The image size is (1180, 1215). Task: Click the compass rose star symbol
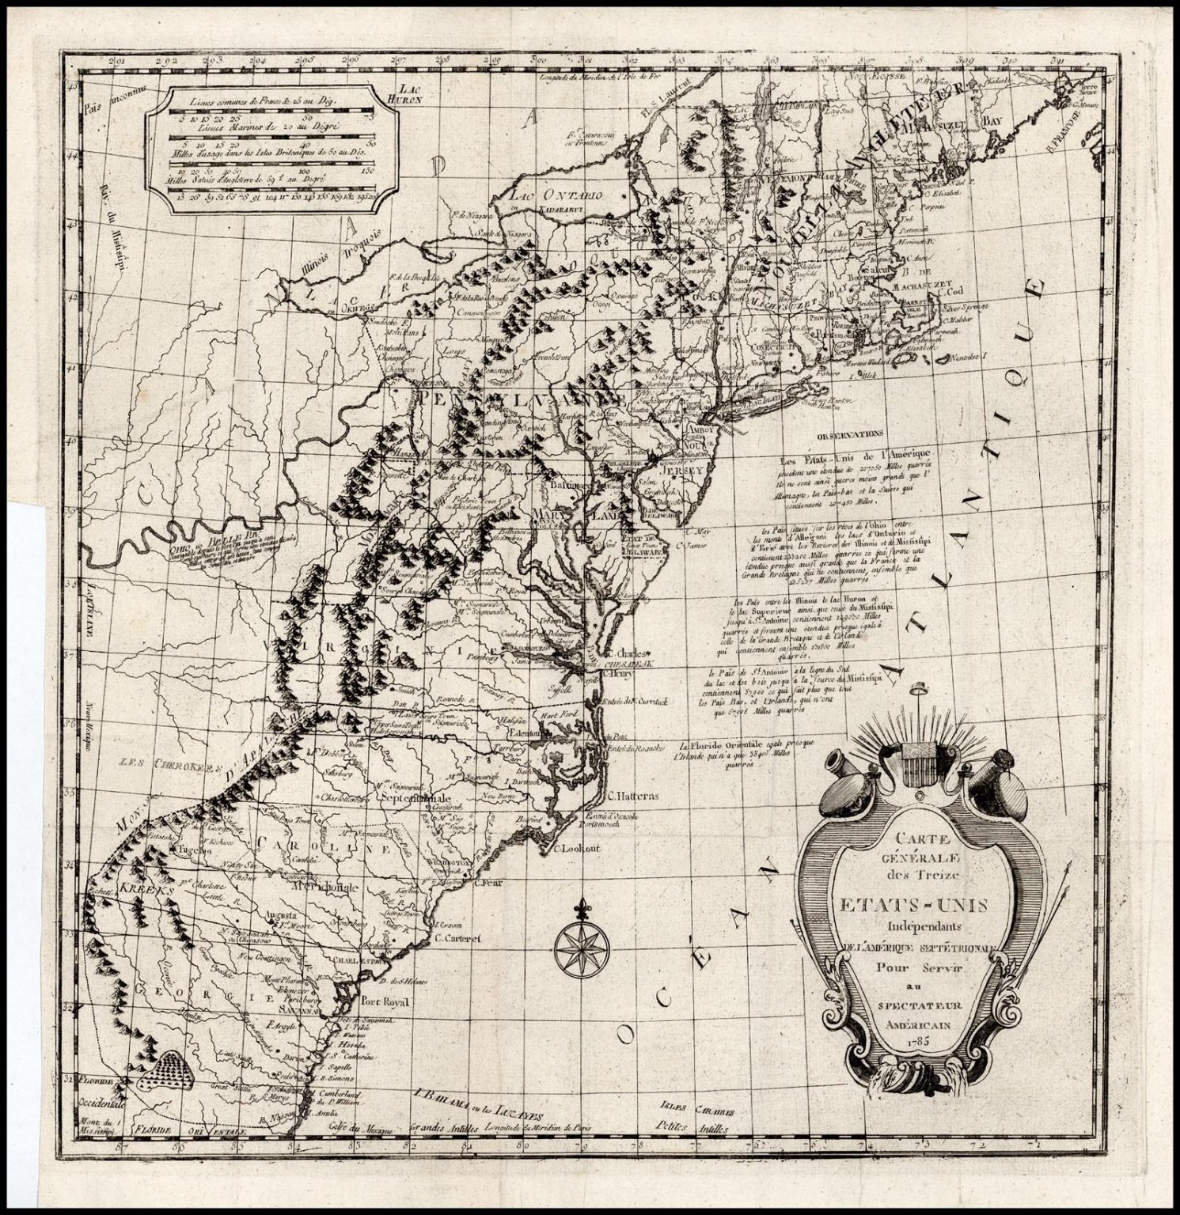tap(575, 947)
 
